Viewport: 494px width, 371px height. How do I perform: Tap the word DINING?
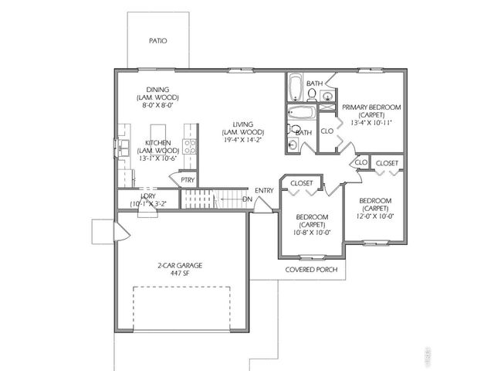click(157, 90)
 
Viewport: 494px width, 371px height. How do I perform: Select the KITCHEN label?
click(157, 142)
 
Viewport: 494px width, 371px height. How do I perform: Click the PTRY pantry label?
click(188, 179)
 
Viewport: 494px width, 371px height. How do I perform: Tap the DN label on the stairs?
click(246, 199)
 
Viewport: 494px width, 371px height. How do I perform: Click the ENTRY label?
click(264, 190)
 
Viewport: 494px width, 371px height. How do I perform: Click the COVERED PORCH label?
click(313, 270)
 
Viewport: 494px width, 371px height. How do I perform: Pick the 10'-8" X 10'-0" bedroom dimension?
click(312, 232)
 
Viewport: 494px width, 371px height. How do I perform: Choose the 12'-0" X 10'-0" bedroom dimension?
click(376, 216)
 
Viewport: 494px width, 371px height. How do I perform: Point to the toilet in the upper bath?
click(310, 95)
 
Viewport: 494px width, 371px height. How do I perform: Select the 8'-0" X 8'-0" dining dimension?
click(157, 106)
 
